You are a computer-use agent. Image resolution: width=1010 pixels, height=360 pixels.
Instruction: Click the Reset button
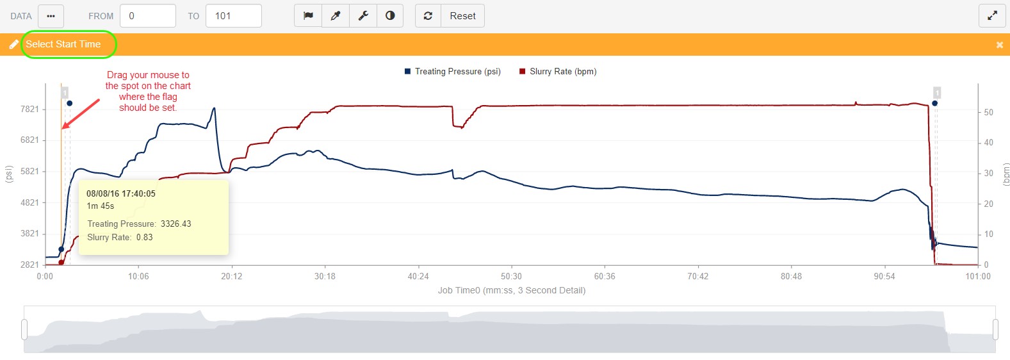point(462,16)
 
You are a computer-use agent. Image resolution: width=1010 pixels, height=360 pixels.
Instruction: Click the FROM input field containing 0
point(147,16)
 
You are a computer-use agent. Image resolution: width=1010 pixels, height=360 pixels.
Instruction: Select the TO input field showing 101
point(233,16)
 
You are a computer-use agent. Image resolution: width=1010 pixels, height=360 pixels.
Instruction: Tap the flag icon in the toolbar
point(308,16)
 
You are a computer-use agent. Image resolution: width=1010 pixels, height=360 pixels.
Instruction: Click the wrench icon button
point(363,16)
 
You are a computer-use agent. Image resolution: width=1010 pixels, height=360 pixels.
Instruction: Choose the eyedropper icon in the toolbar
point(336,16)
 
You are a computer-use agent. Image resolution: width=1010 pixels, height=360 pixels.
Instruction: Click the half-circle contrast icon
point(390,16)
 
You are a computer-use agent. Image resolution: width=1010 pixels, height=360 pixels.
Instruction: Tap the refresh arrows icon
point(428,16)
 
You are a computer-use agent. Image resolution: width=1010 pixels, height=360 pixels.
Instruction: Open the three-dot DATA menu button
point(51,16)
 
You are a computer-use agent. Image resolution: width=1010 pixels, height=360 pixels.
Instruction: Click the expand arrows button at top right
point(992,16)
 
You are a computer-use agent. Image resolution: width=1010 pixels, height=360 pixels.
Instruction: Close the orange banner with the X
point(999,45)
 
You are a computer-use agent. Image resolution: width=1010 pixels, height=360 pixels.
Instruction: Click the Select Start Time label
point(63,44)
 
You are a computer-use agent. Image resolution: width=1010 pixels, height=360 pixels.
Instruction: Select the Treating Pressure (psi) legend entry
point(457,71)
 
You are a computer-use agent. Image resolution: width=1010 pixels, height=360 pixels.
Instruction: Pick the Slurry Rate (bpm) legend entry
point(562,71)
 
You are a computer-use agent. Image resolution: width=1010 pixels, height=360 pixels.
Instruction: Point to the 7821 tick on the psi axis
point(29,109)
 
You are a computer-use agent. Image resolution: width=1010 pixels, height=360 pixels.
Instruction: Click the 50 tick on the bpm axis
point(988,112)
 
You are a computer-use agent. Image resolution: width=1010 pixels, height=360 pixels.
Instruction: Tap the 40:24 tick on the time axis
point(418,276)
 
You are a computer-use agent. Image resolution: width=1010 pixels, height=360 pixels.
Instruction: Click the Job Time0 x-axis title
point(511,290)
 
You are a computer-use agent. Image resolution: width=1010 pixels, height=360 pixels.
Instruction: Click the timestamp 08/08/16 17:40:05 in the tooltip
point(121,193)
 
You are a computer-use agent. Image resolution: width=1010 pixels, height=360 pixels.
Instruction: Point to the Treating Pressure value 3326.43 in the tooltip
point(175,224)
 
